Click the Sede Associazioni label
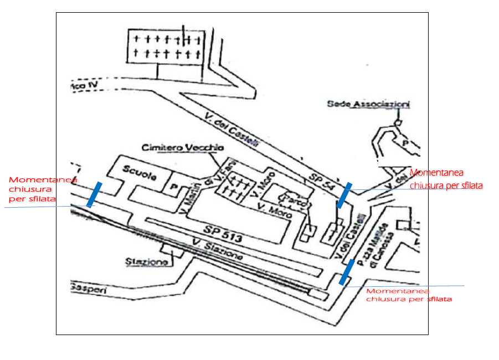368,104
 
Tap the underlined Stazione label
146,261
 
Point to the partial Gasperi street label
88,287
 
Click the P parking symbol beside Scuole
173,187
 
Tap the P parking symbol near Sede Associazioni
405,142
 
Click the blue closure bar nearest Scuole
94,194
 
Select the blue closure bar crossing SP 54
344,195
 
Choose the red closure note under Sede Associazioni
445,179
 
